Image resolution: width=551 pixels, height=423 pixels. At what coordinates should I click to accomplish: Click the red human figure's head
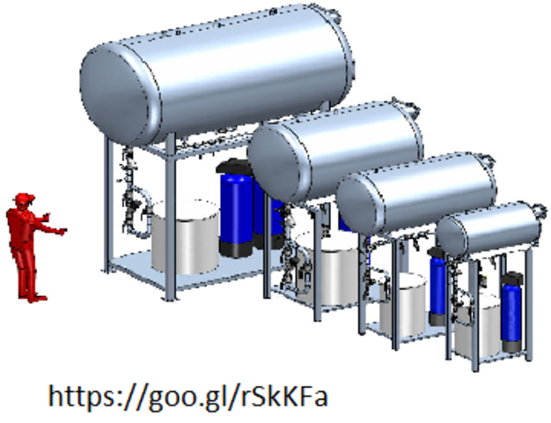click(25, 201)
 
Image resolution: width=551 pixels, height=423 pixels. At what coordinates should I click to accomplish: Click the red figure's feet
click(33, 298)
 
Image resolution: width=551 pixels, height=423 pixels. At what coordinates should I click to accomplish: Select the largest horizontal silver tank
click(217, 73)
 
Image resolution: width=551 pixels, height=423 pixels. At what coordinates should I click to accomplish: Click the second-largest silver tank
click(334, 151)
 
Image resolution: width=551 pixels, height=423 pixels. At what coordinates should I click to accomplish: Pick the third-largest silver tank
click(416, 193)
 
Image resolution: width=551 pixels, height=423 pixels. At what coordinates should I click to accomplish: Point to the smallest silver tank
click(490, 227)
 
